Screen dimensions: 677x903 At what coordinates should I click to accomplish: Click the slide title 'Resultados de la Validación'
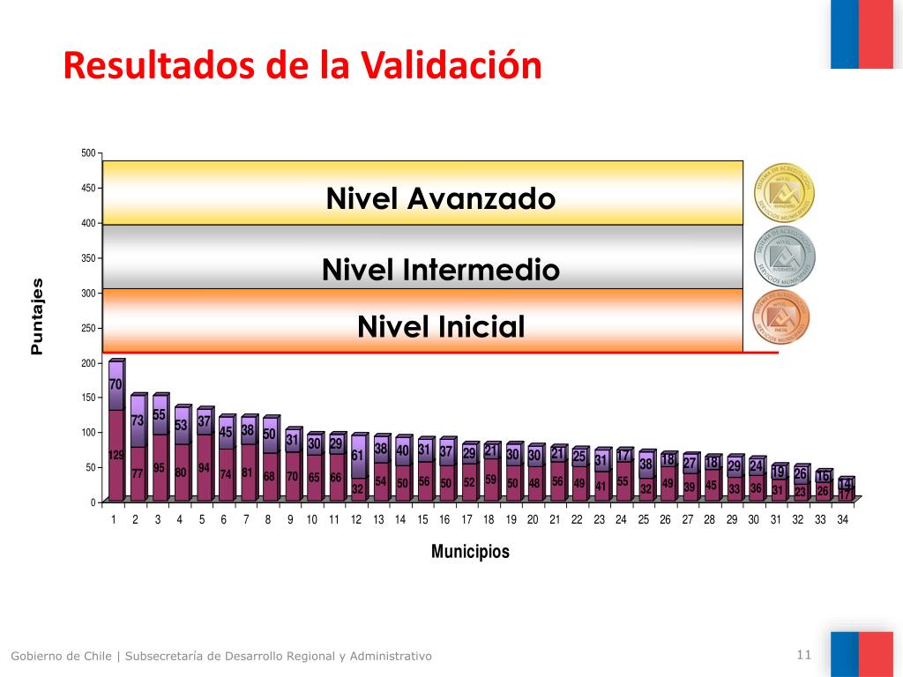(x=302, y=66)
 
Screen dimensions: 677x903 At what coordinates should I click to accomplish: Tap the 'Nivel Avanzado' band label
(x=440, y=198)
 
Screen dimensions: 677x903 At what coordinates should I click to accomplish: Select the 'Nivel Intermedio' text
(x=440, y=269)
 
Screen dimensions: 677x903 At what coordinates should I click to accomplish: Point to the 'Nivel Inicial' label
(x=440, y=327)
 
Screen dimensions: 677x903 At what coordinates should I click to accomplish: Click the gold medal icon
(x=784, y=193)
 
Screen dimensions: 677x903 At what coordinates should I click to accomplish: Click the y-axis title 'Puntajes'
(x=36, y=316)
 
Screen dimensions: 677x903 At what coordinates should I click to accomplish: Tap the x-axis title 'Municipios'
(x=470, y=552)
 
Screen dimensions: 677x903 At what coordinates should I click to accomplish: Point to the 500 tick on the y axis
(x=87, y=153)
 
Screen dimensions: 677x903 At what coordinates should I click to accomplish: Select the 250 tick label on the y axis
(x=87, y=328)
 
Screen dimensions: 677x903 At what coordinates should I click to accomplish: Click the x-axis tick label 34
(x=843, y=520)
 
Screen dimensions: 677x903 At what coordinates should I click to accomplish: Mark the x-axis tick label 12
(x=356, y=520)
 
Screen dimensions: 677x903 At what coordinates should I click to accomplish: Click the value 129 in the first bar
(x=116, y=455)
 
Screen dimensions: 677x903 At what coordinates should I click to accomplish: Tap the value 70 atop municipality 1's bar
(x=116, y=384)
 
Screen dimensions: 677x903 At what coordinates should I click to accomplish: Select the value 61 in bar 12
(x=357, y=455)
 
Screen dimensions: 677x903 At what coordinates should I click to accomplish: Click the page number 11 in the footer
(x=802, y=654)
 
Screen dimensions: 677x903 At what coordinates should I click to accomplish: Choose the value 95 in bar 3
(x=159, y=468)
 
